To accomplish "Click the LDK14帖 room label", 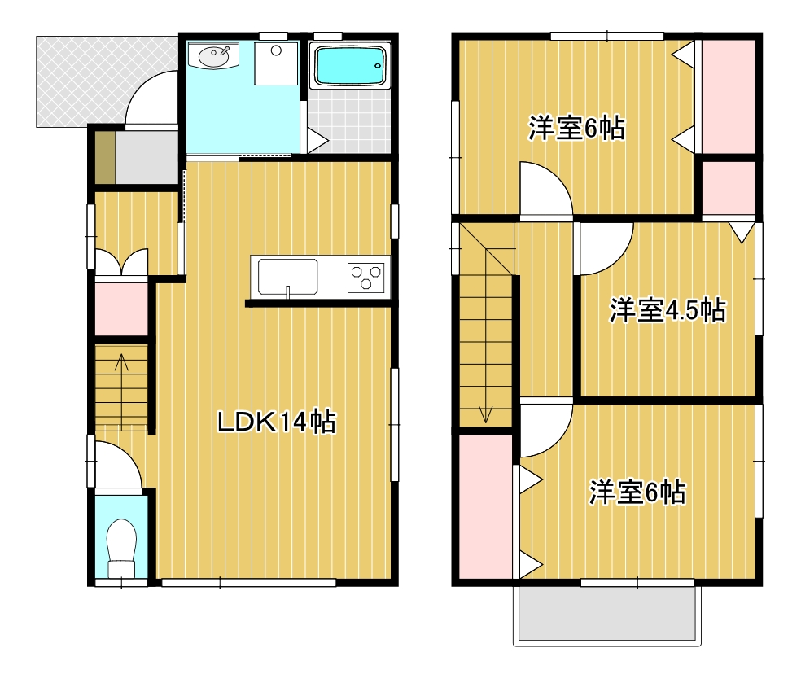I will pos(276,422).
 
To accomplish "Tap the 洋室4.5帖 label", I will pos(667,310).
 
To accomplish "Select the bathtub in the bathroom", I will pos(348,66).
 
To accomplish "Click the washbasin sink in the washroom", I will pos(214,58).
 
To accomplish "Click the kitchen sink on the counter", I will pos(287,277).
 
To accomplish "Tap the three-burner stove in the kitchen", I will pos(366,277).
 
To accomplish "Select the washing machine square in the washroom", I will pos(275,63).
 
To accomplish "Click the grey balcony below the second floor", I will pos(606,615).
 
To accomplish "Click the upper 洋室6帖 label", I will pos(576,129).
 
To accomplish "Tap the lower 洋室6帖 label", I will pos(637,492).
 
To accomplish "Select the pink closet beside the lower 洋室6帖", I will pos(485,506).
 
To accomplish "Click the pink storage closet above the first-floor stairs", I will pos(121,308).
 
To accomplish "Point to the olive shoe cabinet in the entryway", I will pos(104,157).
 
